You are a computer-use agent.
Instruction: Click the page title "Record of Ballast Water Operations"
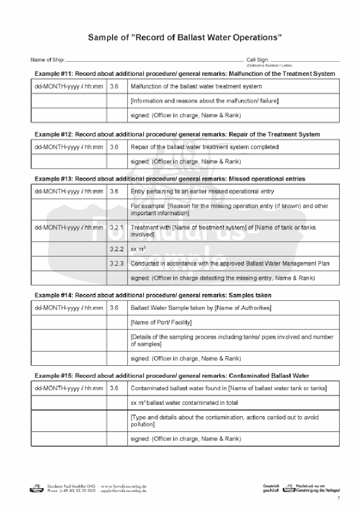pos(185,37)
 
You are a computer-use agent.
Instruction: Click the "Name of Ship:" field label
pos(48,59)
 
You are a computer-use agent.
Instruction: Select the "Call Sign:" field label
pos(258,59)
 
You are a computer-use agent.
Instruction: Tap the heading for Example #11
pos(185,74)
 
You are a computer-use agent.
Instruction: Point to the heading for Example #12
pos(177,134)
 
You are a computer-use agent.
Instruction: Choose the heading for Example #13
pos(170,178)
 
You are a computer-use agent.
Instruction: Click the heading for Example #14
pos(153,295)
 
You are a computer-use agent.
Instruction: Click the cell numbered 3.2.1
pos(117,228)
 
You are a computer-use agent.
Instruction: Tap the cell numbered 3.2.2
pos(117,249)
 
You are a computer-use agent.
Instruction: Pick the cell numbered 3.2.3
pos(117,263)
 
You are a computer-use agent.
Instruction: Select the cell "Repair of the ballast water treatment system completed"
pos(204,147)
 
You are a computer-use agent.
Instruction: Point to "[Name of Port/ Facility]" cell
pos(161,322)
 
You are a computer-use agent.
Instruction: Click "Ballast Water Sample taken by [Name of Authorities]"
pos(200,308)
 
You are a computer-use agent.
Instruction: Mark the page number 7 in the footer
pos(338,498)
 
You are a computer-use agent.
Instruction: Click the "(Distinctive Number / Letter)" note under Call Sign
pos(269,66)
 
